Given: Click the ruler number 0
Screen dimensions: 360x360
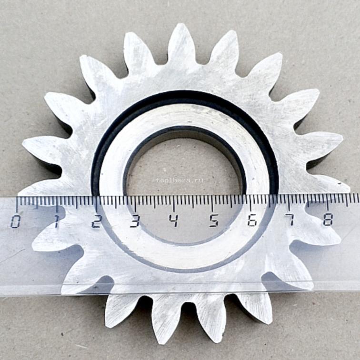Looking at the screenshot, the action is coord(15,222).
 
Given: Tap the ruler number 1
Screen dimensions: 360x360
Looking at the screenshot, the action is coord(56,221).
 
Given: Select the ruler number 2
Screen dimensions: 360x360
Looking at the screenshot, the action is coord(96,221).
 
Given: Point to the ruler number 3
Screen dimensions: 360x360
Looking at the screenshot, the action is coord(135,220).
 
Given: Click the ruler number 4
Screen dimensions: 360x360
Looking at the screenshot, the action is coord(174,220).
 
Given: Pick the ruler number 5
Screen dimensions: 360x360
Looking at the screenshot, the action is coord(214,220).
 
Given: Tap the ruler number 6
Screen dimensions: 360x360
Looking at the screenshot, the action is coord(252,220).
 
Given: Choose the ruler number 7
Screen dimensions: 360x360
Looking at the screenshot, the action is coord(290,220).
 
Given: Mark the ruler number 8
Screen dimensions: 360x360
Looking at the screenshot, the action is coord(328,219).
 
